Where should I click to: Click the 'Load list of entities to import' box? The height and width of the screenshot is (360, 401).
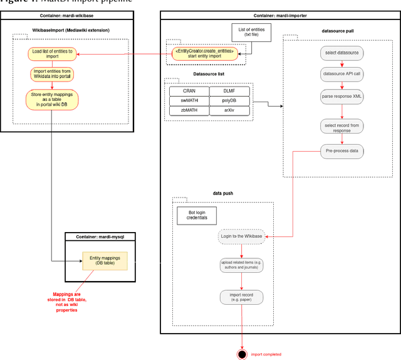click(x=52, y=54)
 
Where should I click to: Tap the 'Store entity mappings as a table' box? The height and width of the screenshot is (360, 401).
click(x=52, y=99)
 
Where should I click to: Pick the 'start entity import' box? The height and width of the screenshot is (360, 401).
click(x=205, y=54)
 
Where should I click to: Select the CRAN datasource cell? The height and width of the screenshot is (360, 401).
click(x=189, y=92)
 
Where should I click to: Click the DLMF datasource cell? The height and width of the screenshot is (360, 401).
click(x=230, y=92)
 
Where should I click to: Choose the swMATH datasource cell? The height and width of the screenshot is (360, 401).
click(x=189, y=101)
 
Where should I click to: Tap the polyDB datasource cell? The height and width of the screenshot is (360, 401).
click(x=230, y=101)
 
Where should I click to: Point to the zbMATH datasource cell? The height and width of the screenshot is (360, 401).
click(x=189, y=110)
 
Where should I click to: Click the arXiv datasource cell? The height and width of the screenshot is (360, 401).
click(x=230, y=110)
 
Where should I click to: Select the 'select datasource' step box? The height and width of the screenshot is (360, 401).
click(x=341, y=53)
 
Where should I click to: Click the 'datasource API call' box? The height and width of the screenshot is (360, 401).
click(x=341, y=74)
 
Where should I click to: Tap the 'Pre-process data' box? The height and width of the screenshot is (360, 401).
click(x=341, y=151)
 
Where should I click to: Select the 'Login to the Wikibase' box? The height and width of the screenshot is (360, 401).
click(x=241, y=237)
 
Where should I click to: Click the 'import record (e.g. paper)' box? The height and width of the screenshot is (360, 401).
click(x=241, y=297)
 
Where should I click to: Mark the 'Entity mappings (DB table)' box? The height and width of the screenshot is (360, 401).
click(x=105, y=261)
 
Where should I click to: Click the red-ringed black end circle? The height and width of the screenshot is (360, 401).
click(x=241, y=354)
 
